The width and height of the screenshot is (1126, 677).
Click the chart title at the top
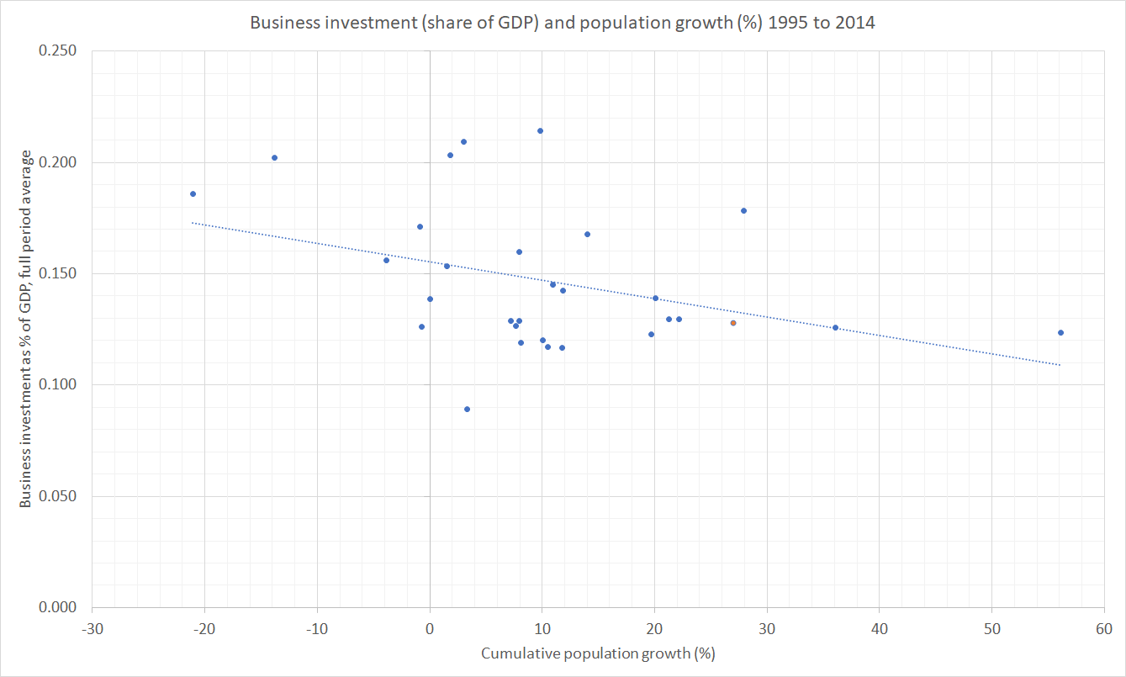point(563,23)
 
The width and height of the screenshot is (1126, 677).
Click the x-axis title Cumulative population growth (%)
point(598,653)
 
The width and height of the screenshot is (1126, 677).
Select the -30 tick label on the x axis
point(92,628)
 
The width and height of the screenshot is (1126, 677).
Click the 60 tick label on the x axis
point(1103,628)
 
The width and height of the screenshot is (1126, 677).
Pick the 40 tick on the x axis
point(879,628)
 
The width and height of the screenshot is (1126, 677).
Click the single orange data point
point(733,323)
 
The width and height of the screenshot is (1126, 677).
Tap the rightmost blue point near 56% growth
point(1060,332)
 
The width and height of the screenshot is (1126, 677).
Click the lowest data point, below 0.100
point(467,409)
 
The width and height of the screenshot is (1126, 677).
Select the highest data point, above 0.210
point(540,130)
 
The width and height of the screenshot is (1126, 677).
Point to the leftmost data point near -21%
point(193,193)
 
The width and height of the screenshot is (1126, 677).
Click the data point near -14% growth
point(274,157)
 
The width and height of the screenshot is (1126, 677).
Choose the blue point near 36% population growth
point(835,327)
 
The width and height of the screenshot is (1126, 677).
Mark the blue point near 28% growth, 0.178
point(743,210)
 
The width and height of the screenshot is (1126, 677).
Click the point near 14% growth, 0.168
point(587,234)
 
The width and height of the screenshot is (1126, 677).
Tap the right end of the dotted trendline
point(1060,365)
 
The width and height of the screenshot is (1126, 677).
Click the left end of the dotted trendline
point(193,223)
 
